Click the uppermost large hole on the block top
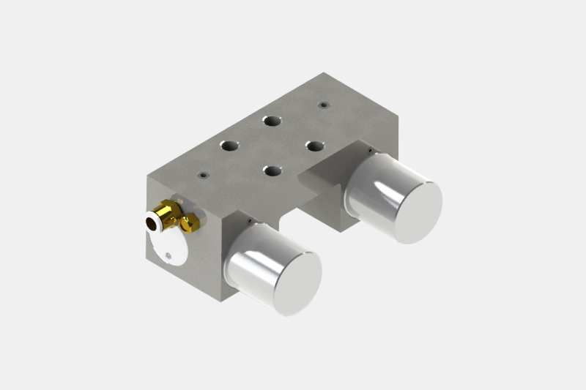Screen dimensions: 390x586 [x=272, y=121]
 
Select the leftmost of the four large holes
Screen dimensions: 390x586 [x=230, y=146]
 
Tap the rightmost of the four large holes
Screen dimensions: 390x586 [x=315, y=145]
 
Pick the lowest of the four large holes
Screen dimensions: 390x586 [x=272, y=171]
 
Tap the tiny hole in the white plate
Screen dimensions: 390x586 [x=169, y=255]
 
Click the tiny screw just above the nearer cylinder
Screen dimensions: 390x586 [x=251, y=220]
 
